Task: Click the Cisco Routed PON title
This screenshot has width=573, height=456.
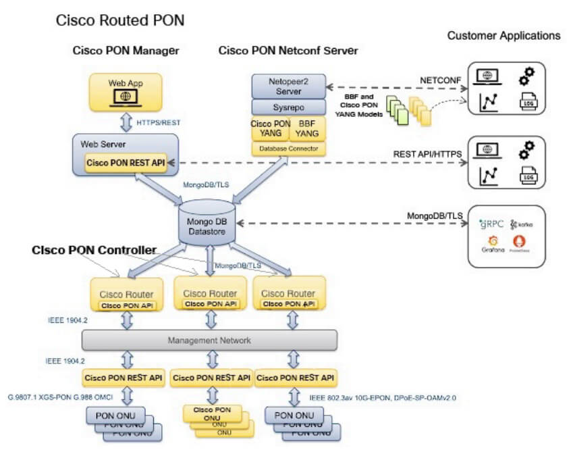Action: click(x=120, y=21)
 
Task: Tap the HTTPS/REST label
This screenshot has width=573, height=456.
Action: click(x=158, y=123)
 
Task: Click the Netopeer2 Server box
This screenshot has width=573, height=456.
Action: click(x=288, y=86)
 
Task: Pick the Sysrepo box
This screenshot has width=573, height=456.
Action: click(x=288, y=107)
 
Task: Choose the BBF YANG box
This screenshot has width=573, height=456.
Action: click(x=307, y=128)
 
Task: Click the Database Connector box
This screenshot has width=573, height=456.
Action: click(x=288, y=148)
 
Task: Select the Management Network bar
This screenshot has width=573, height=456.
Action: click(x=209, y=340)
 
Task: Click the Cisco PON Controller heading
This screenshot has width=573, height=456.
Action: click(x=94, y=250)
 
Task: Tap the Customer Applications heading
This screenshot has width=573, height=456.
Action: click(x=503, y=35)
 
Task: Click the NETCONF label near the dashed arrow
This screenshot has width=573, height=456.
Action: click(x=441, y=80)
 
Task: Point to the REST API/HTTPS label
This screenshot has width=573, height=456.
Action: click(x=428, y=154)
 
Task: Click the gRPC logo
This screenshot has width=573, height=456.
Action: click(x=491, y=224)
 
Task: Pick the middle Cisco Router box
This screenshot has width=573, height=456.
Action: click(x=210, y=297)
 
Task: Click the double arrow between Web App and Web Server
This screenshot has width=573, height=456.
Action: click(x=126, y=123)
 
